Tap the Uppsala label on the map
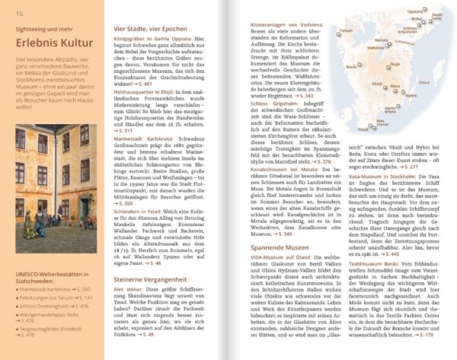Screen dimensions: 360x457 click(x=416, y=11)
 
